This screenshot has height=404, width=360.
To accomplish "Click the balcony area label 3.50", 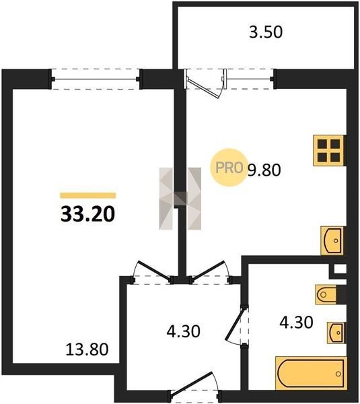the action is (x=266, y=32).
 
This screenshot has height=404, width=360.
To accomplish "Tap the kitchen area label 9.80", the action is (x=264, y=170).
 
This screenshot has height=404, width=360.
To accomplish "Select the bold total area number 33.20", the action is (x=87, y=214).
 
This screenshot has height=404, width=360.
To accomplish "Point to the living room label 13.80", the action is (x=87, y=349).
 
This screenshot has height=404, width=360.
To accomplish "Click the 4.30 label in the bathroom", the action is (x=296, y=323).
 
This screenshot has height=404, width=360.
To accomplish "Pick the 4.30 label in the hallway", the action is (x=183, y=331).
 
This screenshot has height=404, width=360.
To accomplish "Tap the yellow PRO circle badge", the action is (x=229, y=168).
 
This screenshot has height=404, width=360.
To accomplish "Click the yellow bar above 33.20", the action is (x=88, y=195).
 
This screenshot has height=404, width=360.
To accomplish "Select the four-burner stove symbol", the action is (x=328, y=150).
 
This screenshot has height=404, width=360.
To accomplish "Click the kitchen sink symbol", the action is (x=332, y=240).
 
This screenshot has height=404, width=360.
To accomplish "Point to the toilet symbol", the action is (x=326, y=294).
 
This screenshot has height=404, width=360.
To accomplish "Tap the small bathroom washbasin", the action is (x=336, y=333).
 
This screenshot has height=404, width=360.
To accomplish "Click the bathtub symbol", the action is (x=311, y=373).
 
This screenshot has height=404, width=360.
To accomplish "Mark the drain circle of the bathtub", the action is (x=338, y=374).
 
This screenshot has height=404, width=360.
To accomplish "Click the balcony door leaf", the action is (x=204, y=88).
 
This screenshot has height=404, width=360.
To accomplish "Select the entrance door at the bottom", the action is (x=192, y=383).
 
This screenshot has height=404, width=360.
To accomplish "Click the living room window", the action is (x=96, y=79).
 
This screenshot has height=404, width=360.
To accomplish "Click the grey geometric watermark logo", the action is (x=180, y=199).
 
